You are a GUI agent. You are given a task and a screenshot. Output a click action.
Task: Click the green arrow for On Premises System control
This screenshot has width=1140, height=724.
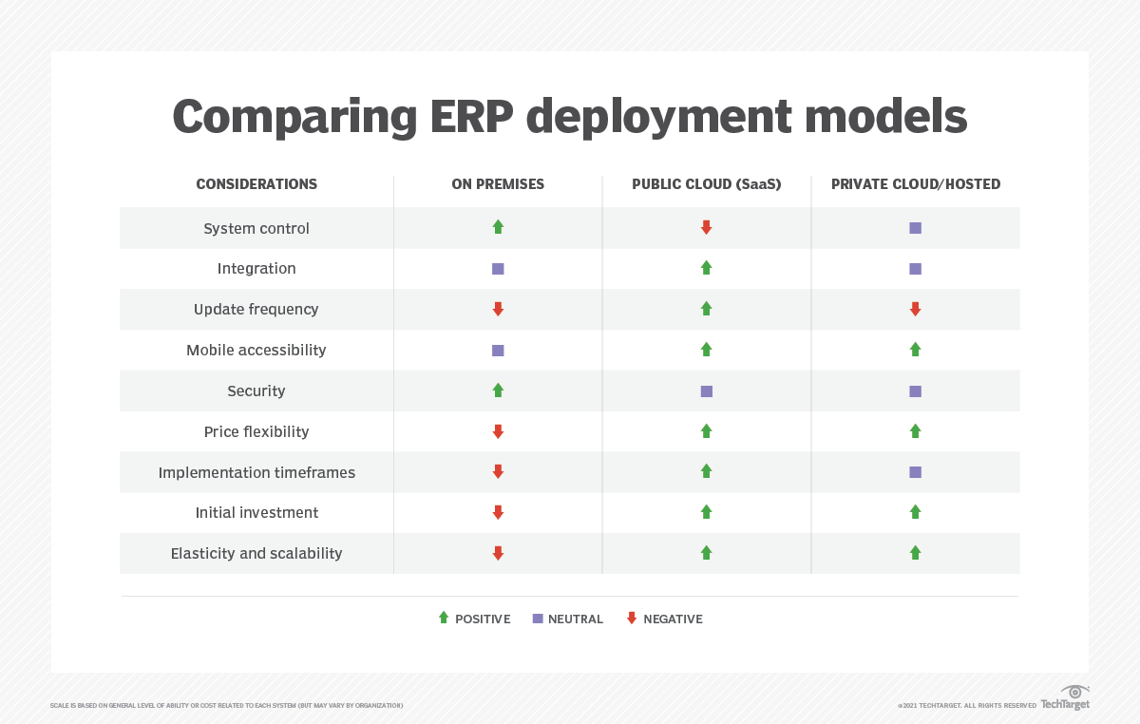[498, 227]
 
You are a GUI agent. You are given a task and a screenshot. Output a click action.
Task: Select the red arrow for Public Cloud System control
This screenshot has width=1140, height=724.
[706, 227]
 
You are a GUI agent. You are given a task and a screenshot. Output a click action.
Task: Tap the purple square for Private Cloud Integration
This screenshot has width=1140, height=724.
[915, 269]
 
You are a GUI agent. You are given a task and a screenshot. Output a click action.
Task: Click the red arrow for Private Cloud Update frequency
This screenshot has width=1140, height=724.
[915, 309]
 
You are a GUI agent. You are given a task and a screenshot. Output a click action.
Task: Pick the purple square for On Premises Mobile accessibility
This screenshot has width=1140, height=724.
[498, 351]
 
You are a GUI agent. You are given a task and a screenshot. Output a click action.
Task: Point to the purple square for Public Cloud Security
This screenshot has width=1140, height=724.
[706, 391]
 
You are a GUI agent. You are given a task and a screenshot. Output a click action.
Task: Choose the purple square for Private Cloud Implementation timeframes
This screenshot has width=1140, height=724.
[915, 472]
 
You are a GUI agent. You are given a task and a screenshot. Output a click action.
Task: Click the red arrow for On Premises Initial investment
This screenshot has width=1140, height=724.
[498, 512]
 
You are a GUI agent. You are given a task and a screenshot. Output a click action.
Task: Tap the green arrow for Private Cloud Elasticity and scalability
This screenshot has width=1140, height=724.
[915, 552]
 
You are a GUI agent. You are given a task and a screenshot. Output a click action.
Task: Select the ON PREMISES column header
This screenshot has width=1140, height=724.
[498, 184]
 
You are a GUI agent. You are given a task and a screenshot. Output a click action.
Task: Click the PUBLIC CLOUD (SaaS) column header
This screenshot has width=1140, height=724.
[706, 184]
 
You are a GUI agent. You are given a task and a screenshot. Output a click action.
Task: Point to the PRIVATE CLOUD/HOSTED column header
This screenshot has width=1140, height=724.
[915, 184]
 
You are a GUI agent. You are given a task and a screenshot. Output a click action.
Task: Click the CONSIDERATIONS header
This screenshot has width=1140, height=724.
[256, 184]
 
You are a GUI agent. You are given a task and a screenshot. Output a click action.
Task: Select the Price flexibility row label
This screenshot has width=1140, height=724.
[256, 431]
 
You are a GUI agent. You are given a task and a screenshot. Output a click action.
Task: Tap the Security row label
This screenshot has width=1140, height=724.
[256, 391]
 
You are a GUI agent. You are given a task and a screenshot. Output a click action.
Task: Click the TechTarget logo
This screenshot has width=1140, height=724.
[1065, 698]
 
